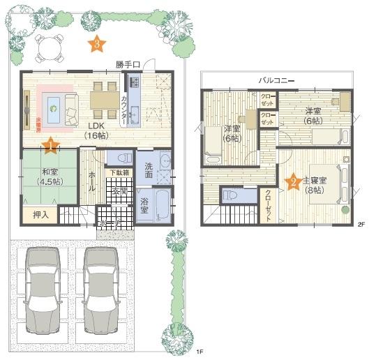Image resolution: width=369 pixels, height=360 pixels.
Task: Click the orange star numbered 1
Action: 51,146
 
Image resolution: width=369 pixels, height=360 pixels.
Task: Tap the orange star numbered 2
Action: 294,182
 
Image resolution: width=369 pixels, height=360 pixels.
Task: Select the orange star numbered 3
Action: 97,45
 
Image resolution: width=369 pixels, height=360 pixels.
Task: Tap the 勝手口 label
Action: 128,65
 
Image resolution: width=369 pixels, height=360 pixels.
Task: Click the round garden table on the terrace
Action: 47,48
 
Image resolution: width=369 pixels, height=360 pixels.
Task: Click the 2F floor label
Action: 361,225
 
